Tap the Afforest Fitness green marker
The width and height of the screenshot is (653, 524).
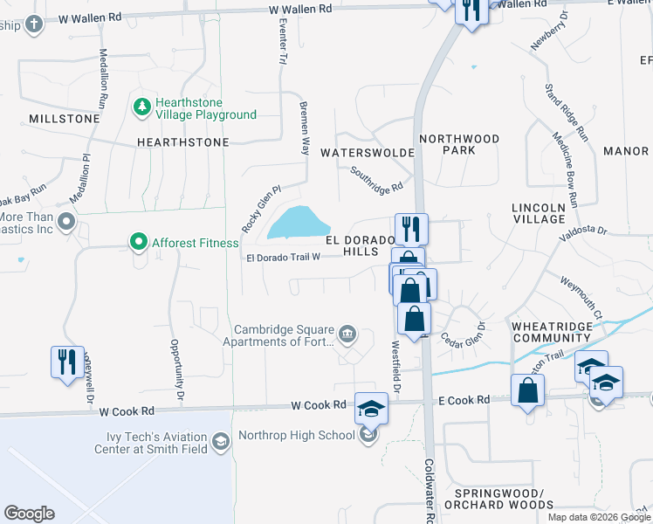137,242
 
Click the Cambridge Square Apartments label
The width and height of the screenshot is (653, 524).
284,336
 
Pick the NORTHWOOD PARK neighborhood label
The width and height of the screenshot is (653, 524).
459,144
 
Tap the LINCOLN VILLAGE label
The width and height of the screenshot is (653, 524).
539,213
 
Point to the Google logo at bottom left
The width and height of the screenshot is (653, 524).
29,514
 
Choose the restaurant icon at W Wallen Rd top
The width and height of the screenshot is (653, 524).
472,10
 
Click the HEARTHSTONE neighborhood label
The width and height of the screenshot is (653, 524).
182,141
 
